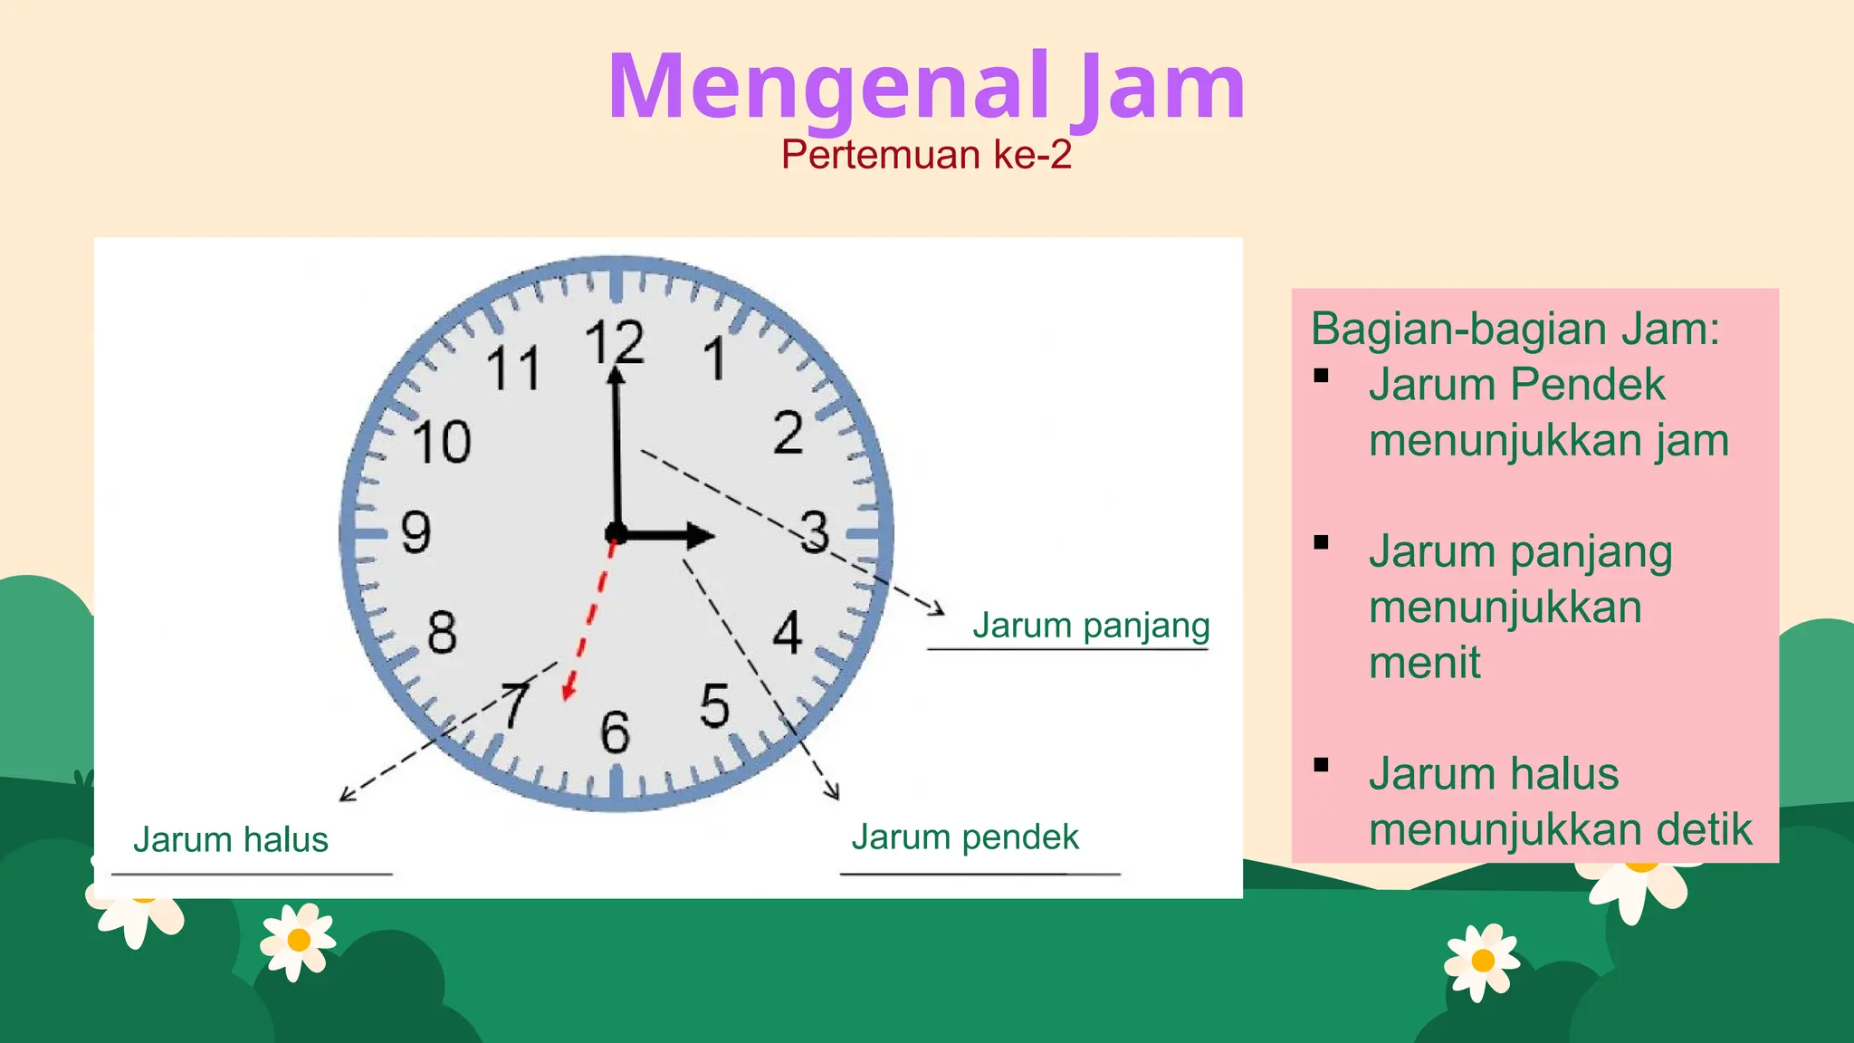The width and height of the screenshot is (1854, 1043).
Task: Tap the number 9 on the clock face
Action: point(416,531)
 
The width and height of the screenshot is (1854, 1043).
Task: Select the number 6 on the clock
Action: point(615,732)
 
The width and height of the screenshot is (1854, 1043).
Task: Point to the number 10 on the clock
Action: point(442,442)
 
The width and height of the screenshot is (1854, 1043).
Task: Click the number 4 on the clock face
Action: point(788,632)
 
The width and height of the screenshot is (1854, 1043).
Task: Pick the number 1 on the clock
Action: point(715,359)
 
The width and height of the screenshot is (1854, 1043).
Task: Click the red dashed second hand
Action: point(589,616)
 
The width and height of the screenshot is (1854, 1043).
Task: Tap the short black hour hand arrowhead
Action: point(698,535)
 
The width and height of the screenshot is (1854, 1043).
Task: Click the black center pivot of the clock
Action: point(616,532)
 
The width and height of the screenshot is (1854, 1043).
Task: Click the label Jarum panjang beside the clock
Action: point(1091,626)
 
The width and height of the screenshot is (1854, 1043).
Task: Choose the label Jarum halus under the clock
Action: point(231,839)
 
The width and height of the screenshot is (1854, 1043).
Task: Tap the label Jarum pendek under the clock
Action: point(965,837)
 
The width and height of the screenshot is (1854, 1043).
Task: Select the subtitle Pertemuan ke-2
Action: point(926,155)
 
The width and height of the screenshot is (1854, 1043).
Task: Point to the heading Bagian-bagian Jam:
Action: point(1515,328)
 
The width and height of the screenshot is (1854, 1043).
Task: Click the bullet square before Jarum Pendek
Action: point(1322,376)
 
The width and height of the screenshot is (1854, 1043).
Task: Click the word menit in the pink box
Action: point(1424,663)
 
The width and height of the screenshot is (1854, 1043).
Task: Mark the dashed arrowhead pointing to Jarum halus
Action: point(344,797)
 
